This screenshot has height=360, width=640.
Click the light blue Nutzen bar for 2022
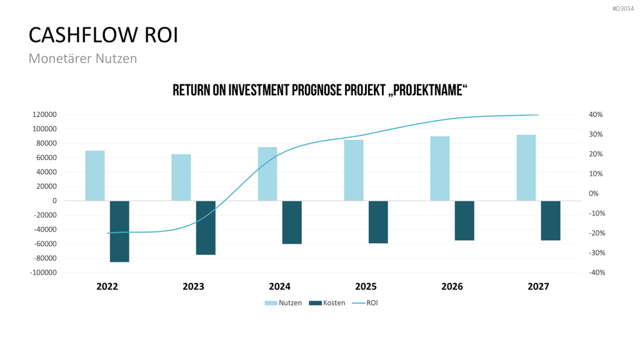click(x=95, y=176)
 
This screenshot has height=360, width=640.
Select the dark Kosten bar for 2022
click(x=119, y=231)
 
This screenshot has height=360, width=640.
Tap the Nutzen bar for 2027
click(x=526, y=167)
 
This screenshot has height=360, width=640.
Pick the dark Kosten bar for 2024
click(x=292, y=222)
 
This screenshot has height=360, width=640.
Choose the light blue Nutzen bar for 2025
click(x=354, y=170)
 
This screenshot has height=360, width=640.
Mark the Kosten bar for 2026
click(x=464, y=221)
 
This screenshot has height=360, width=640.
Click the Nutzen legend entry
click(x=283, y=303)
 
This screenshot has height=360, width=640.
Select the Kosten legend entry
click(x=327, y=303)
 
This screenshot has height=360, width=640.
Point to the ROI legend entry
click(x=365, y=303)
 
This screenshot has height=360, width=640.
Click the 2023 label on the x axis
click(x=194, y=286)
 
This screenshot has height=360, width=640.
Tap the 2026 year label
click(x=452, y=286)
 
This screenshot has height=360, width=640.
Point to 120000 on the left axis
click(x=44, y=115)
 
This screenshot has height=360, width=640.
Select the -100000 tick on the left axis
click(x=43, y=272)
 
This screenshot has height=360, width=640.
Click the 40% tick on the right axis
click(x=596, y=115)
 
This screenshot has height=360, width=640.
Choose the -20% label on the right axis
click(x=597, y=233)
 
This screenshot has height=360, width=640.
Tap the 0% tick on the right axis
click(x=594, y=194)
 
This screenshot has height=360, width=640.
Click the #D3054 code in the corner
click(x=623, y=9)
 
